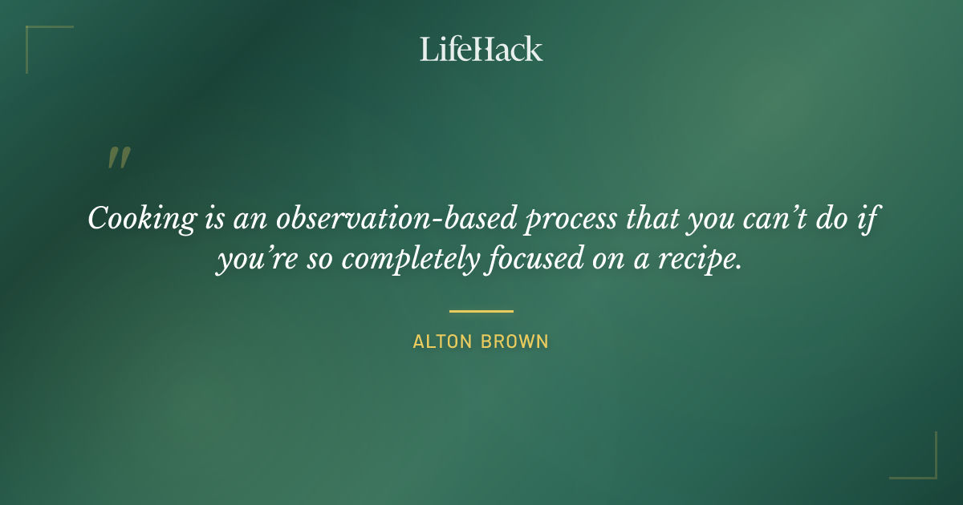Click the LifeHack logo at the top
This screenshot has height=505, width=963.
481,49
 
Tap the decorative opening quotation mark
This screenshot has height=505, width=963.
118,158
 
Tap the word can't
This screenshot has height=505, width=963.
780,219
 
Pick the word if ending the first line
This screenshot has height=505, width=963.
863,219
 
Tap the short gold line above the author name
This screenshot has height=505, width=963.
481,311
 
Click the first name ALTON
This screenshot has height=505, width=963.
443,341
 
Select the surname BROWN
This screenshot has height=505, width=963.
514,341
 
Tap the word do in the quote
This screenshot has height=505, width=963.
830,218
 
